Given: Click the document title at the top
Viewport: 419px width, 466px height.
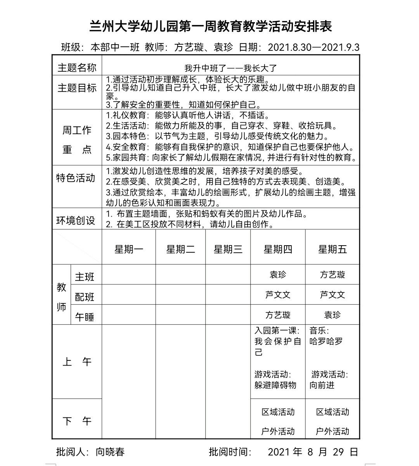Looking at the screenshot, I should tap(211, 27).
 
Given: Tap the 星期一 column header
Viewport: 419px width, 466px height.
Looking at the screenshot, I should tap(129, 249).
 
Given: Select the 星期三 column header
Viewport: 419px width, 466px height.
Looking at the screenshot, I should tap(228, 249).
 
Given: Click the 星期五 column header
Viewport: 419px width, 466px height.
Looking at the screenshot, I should tap(332, 249).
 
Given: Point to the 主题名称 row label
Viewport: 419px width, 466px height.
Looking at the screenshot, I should tap(77, 68).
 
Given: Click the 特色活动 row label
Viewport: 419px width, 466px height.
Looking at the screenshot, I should tap(76, 178).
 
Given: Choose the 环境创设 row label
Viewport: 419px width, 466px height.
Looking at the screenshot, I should tap(76, 221).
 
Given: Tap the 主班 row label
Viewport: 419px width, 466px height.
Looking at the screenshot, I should tap(85, 277).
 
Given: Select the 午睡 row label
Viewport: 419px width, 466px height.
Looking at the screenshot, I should tap(85, 317).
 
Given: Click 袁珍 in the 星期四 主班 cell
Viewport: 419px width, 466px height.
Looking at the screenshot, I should tap(278, 275).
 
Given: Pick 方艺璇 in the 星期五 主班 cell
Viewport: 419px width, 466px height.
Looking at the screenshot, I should tap(332, 275).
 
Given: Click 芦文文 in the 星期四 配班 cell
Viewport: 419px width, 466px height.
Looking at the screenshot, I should tap(278, 295).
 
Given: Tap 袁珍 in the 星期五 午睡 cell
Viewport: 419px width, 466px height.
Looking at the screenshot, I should tap(332, 315).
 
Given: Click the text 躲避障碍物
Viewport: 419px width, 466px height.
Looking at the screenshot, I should tap(275, 385).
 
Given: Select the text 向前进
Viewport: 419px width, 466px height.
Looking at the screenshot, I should tap(322, 385).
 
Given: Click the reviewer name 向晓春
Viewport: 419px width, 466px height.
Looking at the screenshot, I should tap(111, 452).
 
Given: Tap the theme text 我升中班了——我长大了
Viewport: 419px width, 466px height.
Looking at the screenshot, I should tap(230, 68).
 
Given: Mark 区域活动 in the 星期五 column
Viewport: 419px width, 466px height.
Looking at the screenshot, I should tap(332, 412).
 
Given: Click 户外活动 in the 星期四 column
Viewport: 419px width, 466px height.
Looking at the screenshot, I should tap(278, 431).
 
